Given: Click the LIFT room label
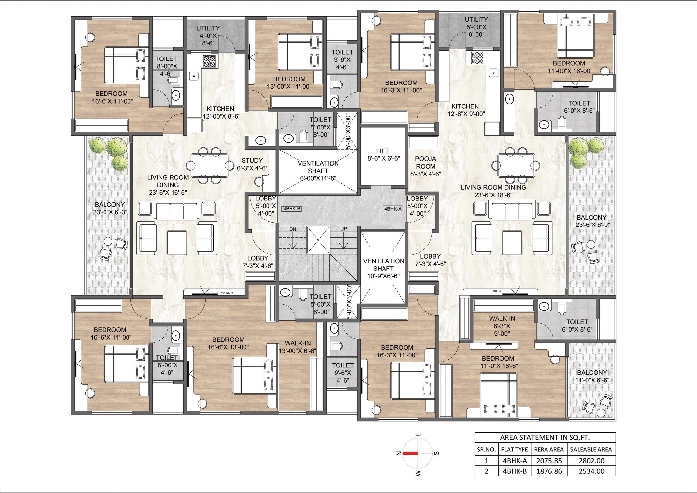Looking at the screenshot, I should pyautogui.click(x=383, y=154).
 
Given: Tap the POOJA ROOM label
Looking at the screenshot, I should pyautogui.click(x=426, y=166).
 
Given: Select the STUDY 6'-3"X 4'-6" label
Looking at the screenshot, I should pyautogui.click(x=252, y=164).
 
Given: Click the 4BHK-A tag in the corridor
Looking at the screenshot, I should pyautogui.click(x=393, y=209).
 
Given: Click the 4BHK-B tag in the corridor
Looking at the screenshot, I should pyautogui.click(x=292, y=209).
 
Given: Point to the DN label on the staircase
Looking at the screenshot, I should pyautogui.click(x=292, y=229).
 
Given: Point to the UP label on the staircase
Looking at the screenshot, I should pyautogui.click(x=344, y=229).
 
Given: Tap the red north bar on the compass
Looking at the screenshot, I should pyautogui.click(x=410, y=453).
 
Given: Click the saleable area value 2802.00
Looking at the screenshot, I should pyautogui.click(x=592, y=461).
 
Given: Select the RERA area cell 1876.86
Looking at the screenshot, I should pyautogui.click(x=549, y=471).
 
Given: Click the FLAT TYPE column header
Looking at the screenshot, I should pyautogui.click(x=515, y=450).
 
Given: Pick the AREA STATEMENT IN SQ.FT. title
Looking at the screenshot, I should pyautogui.click(x=545, y=438).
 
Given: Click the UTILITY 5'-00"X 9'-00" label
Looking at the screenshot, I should pyautogui.click(x=476, y=27).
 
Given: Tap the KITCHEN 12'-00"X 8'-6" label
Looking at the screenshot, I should pyautogui.click(x=220, y=112).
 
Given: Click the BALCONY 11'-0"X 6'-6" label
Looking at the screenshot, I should pyautogui.click(x=592, y=376).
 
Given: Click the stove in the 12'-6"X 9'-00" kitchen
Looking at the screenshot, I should pyautogui.click(x=476, y=58).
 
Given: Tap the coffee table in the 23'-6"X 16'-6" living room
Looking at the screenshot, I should pyautogui.click(x=176, y=243).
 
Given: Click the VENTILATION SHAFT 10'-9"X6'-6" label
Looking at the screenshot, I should pyautogui.click(x=383, y=269).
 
